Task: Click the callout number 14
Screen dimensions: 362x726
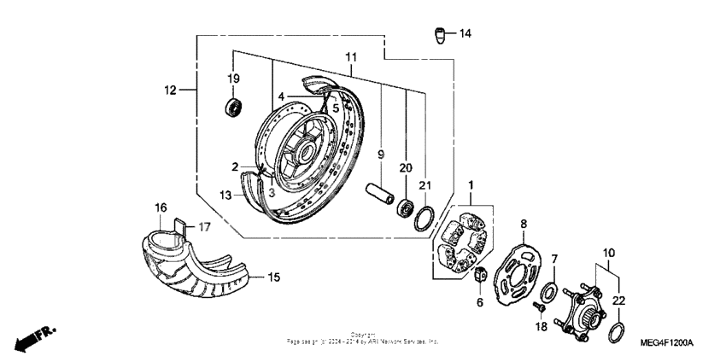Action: pyautogui.click(x=465, y=34)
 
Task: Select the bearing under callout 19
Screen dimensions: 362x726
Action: pyautogui.click(x=232, y=107)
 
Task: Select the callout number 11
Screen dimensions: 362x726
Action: pyautogui.click(x=350, y=56)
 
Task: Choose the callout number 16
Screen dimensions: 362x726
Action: pyautogui.click(x=160, y=207)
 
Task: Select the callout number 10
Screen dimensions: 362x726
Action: pyautogui.click(x=607, y=252)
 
